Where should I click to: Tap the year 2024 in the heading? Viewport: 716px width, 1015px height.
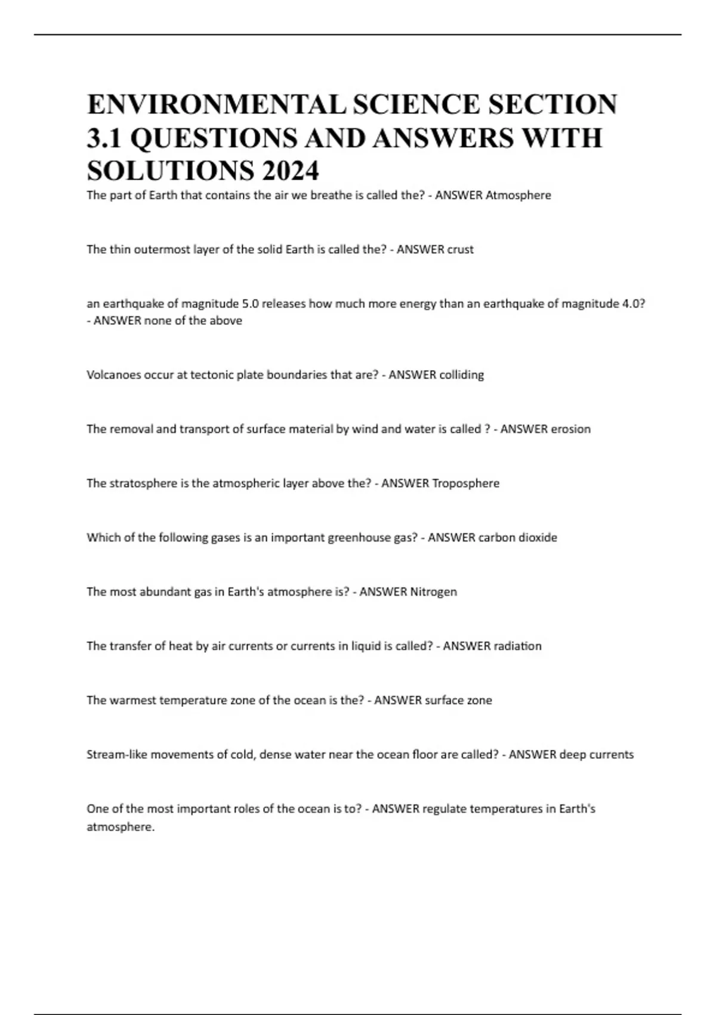click(290, 171)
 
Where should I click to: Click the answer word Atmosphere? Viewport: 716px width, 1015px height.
click(518, 195)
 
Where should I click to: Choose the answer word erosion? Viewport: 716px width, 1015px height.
click(570, 429)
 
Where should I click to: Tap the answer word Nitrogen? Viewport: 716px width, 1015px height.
click(433, 592)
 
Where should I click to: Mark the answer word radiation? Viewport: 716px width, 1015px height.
click(517, 646)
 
